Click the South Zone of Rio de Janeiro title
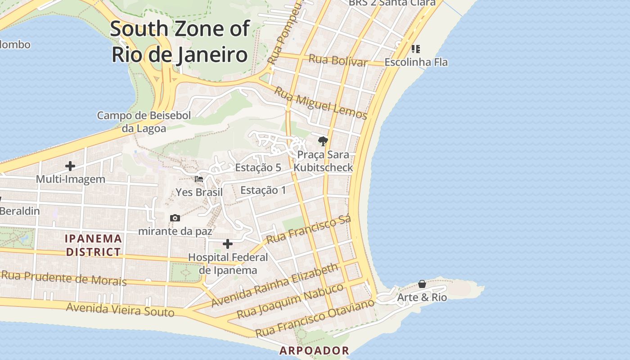click(180, 41)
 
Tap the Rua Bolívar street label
click(338, 60)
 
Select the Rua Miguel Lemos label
click(320, 103)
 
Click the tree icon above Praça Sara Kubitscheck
click(323, 141)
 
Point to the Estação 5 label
click(258, 167)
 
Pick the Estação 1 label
click(263, 190)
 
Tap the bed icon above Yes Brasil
click(198, 179)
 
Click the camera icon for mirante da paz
click(175, 218)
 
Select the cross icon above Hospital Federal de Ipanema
click(228, 244)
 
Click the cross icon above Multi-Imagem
click(70, 166)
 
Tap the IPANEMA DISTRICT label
click(94, 245)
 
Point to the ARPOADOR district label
click(314, 351)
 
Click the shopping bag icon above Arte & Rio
click(422, 284)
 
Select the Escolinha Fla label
click(416, 62)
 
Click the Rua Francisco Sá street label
click(308, 230)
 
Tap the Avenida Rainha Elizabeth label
click(274, 285)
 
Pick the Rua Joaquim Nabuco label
click(290, 301)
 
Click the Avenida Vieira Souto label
click(120, 310)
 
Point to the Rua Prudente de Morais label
click(64, 278)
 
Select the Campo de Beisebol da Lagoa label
click(144, 122)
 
